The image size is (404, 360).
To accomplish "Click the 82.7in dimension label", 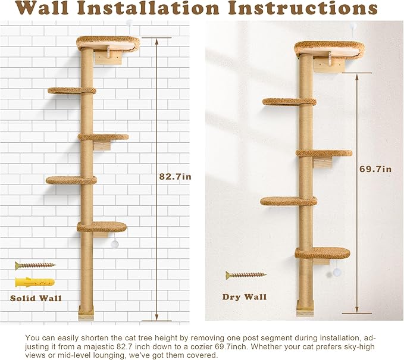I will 178,177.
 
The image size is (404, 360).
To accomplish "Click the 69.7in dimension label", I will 376,169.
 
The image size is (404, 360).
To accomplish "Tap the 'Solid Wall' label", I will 35,298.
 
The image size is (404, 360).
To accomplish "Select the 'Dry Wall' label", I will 245,296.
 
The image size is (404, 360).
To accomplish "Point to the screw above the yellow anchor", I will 35,265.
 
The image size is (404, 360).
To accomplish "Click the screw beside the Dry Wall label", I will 245,275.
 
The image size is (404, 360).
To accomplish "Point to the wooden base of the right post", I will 305,307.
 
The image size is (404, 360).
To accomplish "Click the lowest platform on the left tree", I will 102,227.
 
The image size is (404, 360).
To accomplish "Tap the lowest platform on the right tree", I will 322,253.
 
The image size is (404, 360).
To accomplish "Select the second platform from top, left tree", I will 72,91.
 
